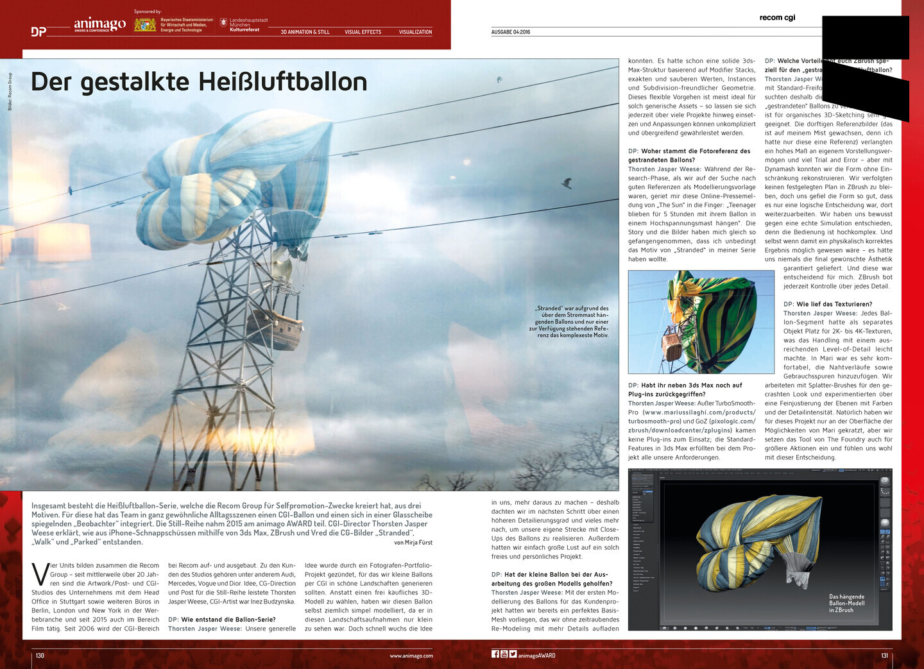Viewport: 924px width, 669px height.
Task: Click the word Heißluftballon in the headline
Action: click(x=282, y=82)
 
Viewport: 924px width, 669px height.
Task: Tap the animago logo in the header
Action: click(x=99, y=24)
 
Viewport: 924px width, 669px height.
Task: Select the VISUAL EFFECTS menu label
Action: click(x=363, y=32)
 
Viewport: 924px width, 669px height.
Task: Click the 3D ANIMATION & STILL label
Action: click(x=305, y=32)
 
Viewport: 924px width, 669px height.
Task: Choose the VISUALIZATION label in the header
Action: click(x=415, y=32)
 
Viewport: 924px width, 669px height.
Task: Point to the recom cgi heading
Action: click(x=777, y=18)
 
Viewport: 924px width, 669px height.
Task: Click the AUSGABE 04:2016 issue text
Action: click(x=511, y=32)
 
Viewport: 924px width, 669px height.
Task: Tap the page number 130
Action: click(x=40, y=656)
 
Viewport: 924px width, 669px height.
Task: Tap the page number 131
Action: click(x=884, y=656)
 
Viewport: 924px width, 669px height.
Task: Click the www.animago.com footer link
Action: click(x=411, y=656)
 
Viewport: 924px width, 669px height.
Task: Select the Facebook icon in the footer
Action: click(x=495, y=654)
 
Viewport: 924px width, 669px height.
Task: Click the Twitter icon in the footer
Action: click(x=513, y=654)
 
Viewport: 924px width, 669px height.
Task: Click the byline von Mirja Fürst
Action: click(x=413, y=543)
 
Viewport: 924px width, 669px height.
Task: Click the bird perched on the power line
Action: click(x=567, y=183)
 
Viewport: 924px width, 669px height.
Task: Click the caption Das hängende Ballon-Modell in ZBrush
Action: click(x=846, y=603)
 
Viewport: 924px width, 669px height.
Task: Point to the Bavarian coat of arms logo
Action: click(x=145, y=25)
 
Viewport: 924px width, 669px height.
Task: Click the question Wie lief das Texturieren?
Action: click(x=827, y=304)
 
